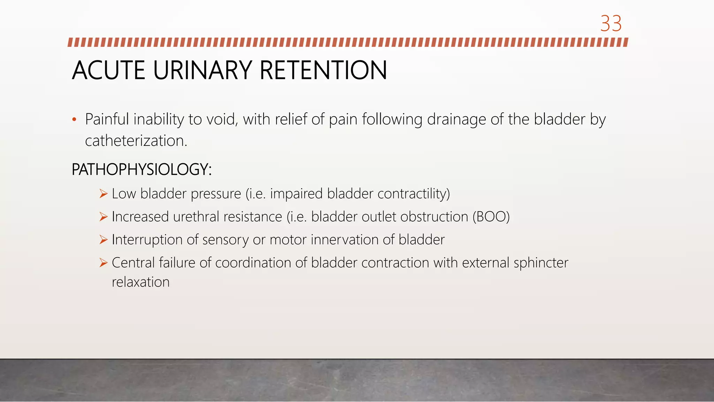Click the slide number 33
pos(611,24)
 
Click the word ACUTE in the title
pos(108,70)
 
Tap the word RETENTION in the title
pos(323,70)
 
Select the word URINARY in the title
pos(202,70)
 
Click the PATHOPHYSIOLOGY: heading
pos(142,170)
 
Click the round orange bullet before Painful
pos(74,120)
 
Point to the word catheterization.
pos(136,141)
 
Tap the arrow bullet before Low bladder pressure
pos(103,194)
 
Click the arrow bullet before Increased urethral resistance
pos(103,217)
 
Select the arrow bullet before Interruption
pos(103,240)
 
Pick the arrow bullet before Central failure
pos(103,263)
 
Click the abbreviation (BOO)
pos(491,217)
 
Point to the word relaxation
pos(140,282)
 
